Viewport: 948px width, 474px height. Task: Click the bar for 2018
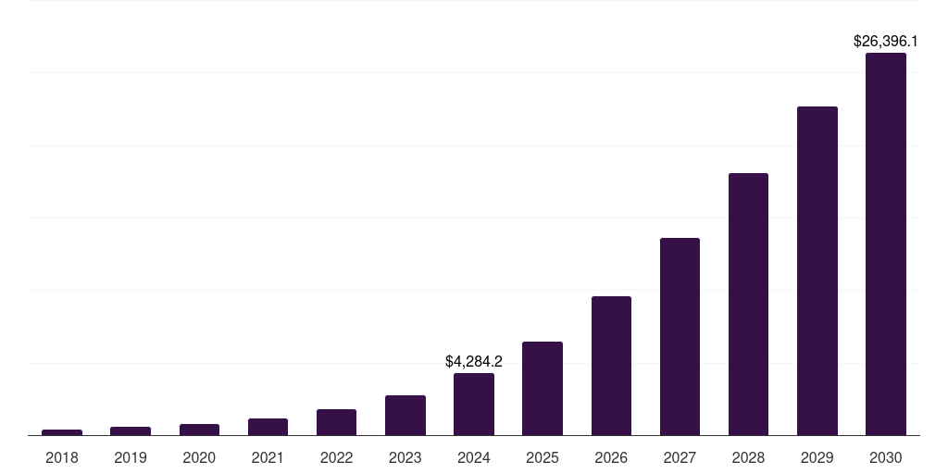pos(62,432)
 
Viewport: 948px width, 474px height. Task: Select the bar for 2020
pos(199,430)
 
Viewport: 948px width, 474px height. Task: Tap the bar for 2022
pos(336,422)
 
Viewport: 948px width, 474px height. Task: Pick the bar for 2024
pos(474,405)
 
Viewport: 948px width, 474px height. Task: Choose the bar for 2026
pos(611,366)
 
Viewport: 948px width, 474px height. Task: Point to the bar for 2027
pos(680,337)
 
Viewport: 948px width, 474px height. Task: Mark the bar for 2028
pos(748,305)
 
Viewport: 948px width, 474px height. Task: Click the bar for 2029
pos(817,271)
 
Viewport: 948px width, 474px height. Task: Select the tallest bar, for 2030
pos(886,244)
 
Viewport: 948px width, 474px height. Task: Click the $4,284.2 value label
pos(474,361)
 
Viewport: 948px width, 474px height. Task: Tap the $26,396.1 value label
pos(886,42)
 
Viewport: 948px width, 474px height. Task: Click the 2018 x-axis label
pos(62,457)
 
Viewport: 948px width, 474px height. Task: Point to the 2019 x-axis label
pos(131,457)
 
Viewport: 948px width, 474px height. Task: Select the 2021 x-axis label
pos(268,457)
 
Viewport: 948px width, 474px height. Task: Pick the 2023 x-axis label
pos(405,457)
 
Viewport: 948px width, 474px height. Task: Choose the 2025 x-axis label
pos(543,457)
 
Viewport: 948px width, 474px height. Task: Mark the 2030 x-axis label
pos(886,457)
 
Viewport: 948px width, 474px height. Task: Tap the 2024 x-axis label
pos(474,457)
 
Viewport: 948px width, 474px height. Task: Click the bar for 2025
pos(543,389)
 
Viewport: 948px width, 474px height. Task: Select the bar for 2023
pos(405,416)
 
